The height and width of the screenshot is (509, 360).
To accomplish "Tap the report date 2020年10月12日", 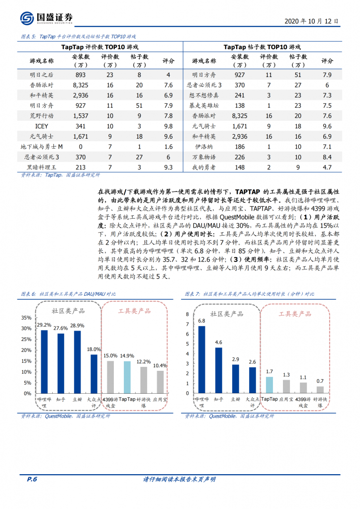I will (311, 21).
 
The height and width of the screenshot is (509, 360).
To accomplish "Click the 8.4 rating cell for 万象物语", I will (327, 157).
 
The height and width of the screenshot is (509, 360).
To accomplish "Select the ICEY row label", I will (42, 126).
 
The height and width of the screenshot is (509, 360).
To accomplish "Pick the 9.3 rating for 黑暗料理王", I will (168, 168).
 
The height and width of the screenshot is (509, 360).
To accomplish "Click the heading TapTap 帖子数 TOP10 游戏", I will (262, 47).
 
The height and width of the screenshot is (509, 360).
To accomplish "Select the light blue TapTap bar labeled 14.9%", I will (126, 377).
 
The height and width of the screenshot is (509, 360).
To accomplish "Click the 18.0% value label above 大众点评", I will (94, 349).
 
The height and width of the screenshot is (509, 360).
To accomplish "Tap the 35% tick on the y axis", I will (25, 318).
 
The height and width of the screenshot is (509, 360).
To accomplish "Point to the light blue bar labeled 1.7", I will (269, 384).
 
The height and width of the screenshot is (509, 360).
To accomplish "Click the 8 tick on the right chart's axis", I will (187, 314).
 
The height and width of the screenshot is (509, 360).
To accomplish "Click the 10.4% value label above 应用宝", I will (160, 365).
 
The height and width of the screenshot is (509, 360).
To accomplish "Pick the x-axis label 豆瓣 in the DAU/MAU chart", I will (77, 399).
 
